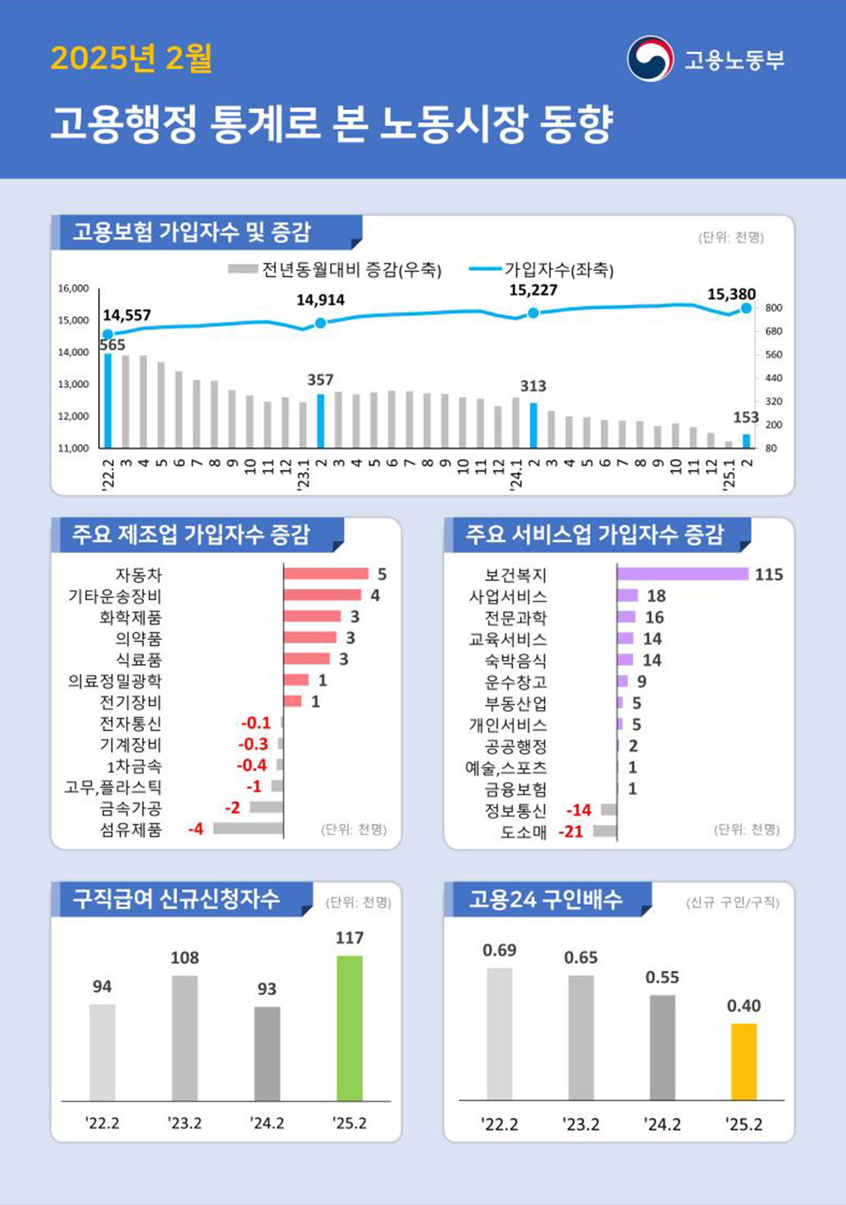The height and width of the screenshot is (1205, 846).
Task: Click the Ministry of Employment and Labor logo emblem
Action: coord(650,59)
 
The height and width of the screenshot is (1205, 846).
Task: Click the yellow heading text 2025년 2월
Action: coord(131,58)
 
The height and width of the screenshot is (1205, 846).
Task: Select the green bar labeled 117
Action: coord(349,1027)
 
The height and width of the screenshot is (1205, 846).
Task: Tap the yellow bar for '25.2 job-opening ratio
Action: coord(744,1061)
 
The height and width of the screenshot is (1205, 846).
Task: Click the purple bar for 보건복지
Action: coord(682,574)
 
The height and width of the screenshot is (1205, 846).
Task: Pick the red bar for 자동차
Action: coord(326,573)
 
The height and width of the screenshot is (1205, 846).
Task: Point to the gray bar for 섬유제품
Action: coord(248,828)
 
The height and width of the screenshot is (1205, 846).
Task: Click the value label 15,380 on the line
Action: coord(731,294)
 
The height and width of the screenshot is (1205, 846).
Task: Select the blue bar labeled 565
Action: coord(108,400)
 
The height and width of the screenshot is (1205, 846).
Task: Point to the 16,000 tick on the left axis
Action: coord(73,289)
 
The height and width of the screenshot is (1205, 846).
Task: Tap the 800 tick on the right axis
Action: coord(773,308)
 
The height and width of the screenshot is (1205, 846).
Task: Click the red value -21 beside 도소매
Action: coord(571,831)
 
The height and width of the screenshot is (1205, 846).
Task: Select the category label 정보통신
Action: coord(516,810)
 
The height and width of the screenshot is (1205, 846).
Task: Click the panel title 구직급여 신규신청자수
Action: coord(176,898)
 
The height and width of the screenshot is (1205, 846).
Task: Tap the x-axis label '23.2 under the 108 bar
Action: coord(184,1123)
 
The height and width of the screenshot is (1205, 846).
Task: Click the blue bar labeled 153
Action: coord(746,441)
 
